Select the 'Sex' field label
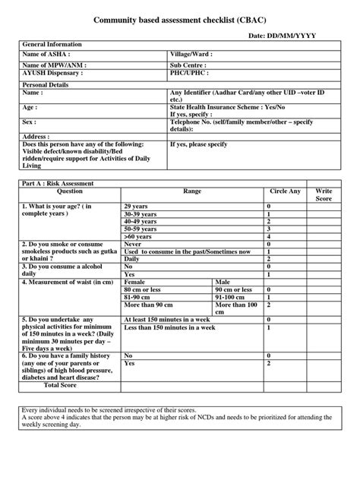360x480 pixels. (x=31, y=120)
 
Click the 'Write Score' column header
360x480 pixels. (x=324, y=195)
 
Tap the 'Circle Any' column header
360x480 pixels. (x=285, y=192)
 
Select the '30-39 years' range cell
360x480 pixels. (x=142, y=214)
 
